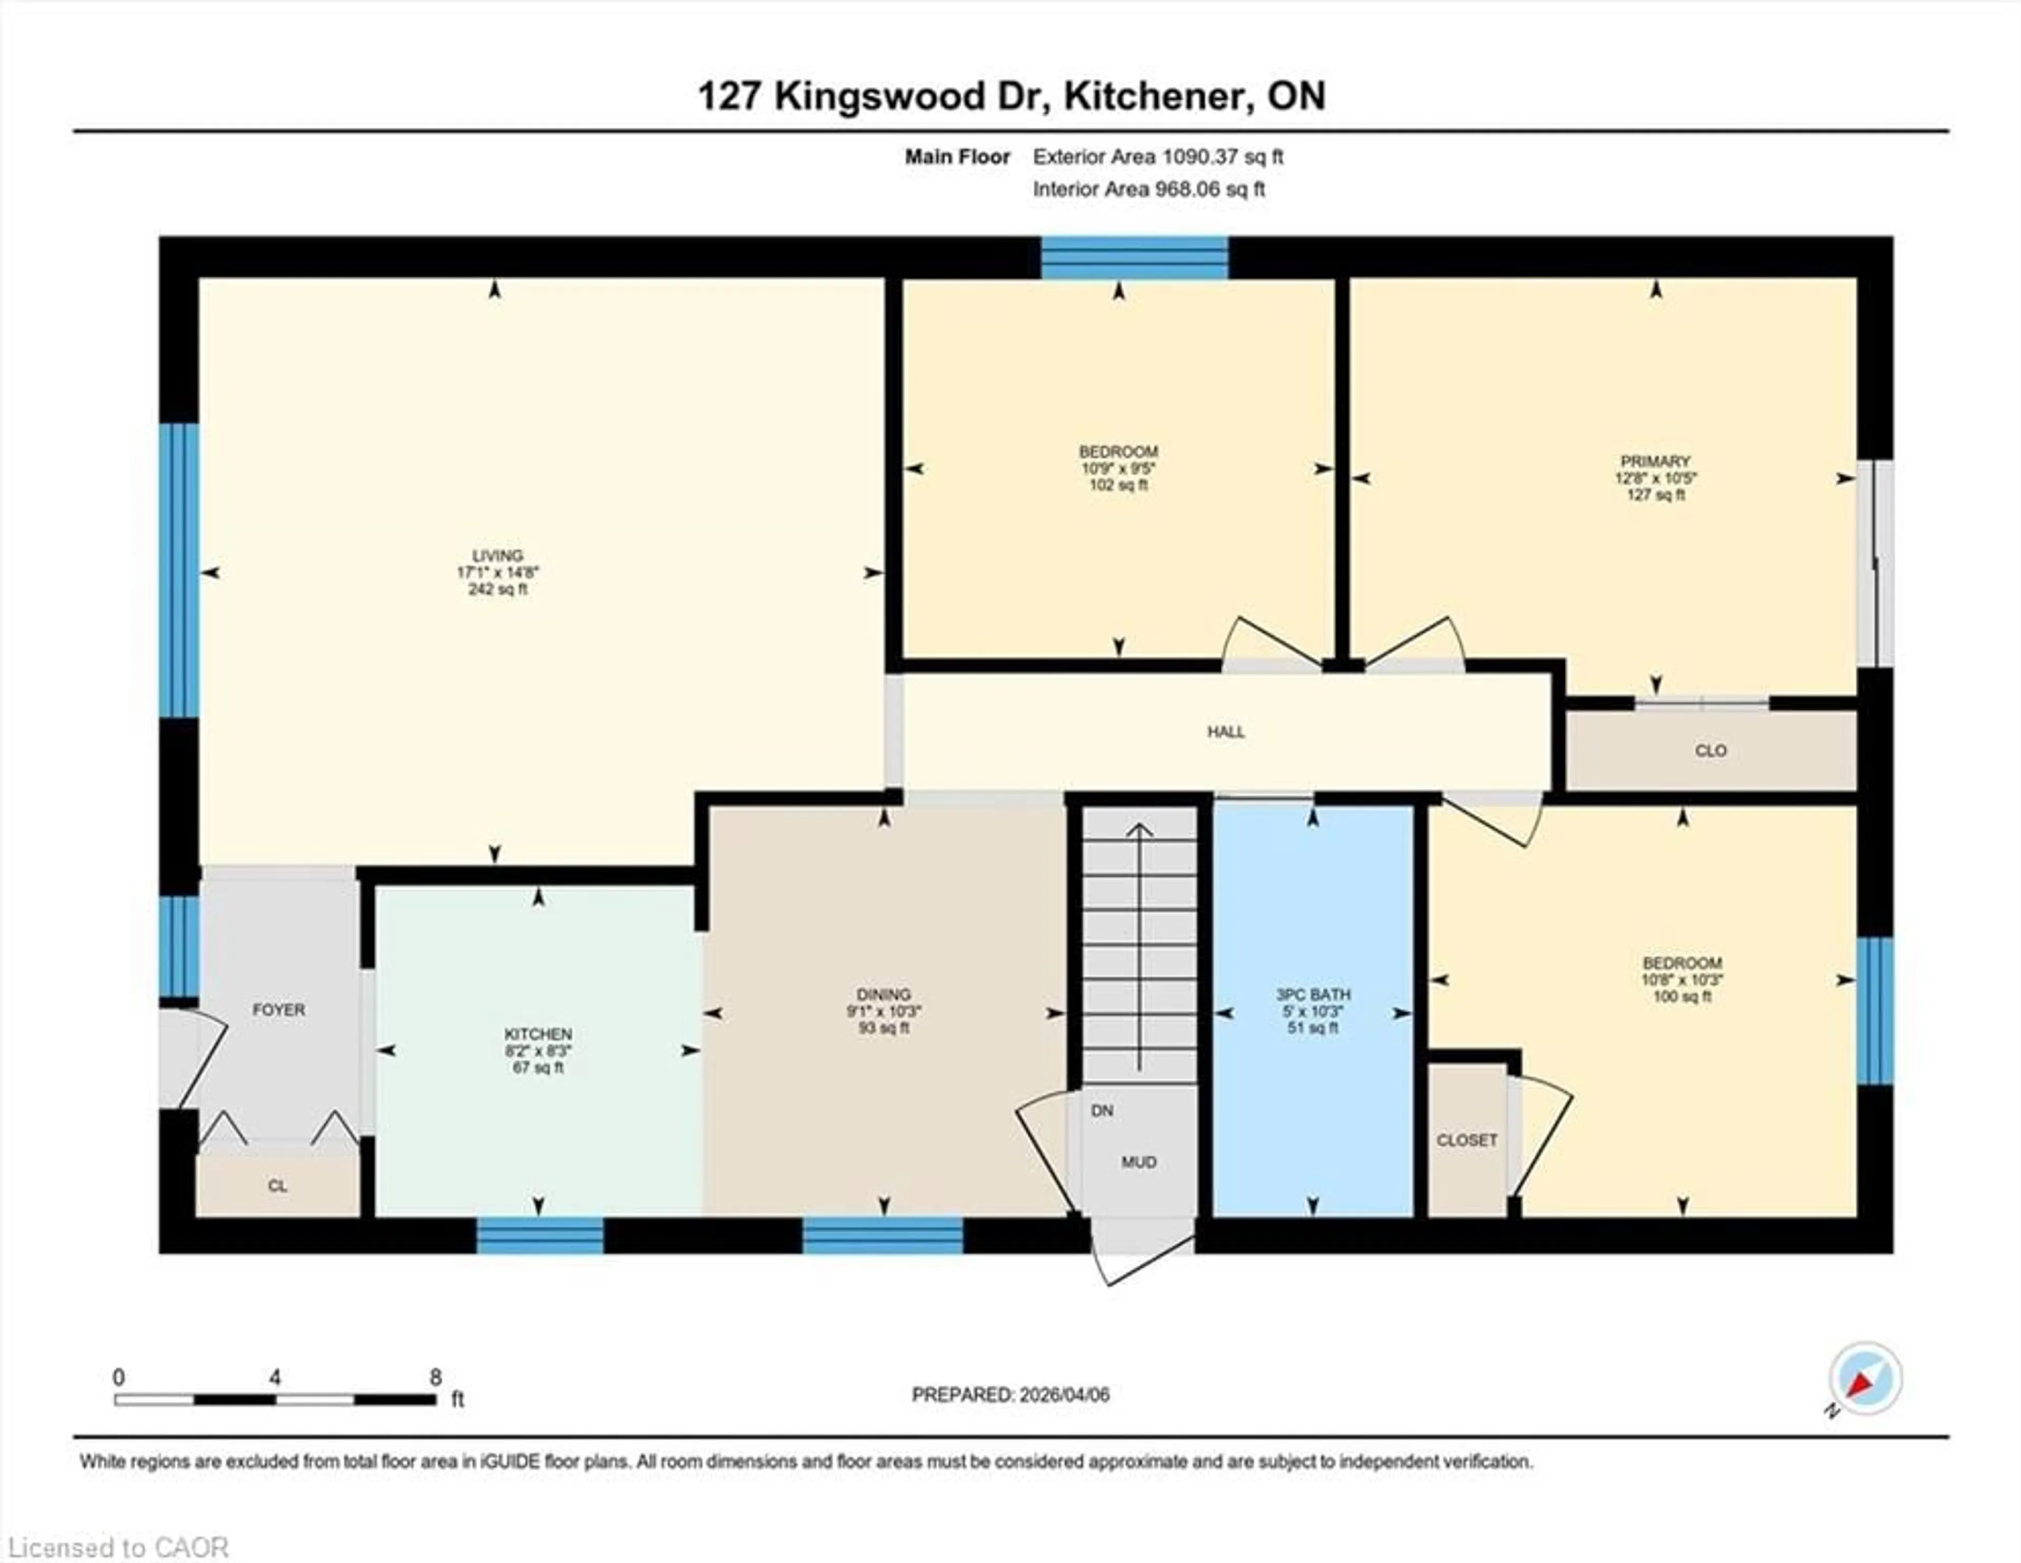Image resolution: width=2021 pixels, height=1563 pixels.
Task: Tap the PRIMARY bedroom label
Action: tap(1655, 461)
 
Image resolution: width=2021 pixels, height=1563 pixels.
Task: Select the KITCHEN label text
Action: tap(538, 1034)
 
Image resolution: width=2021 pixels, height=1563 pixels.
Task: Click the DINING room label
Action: tap(884, 995)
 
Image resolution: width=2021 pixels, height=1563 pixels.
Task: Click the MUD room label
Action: tap(1138, 1163)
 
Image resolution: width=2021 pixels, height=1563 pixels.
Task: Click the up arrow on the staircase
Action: tap(1139, 833)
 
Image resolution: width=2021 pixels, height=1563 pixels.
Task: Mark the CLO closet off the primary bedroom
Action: tap(1710, 750)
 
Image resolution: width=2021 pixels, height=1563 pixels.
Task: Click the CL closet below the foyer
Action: tap(277, 1186)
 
